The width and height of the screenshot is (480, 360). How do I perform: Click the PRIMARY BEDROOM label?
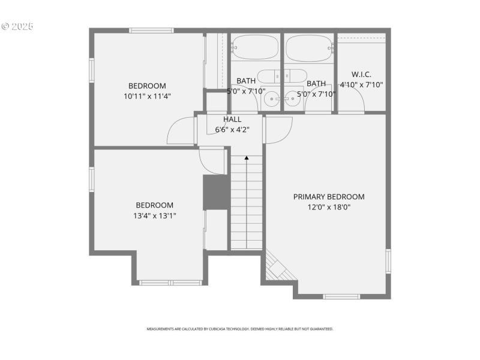click(x=328, y=197)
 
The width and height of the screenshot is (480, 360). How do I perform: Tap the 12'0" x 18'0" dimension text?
click(x=328, y=207)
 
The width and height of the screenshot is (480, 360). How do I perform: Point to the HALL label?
click(x=232, y=119)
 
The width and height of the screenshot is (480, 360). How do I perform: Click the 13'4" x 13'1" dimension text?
click(x=154, y=215)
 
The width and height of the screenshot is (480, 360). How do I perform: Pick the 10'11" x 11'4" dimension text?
click(x=148, y=96)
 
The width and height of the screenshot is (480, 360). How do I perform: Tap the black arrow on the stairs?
click(x=247, y=158)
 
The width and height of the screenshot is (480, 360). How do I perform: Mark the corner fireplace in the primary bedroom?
click(x=279, y=267)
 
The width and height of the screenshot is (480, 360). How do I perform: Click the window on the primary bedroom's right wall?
click(x=388, y=261)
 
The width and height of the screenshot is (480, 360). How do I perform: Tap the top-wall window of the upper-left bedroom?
click(x=151, y=30)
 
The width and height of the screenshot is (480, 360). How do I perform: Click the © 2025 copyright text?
click(x=17, y=26)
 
